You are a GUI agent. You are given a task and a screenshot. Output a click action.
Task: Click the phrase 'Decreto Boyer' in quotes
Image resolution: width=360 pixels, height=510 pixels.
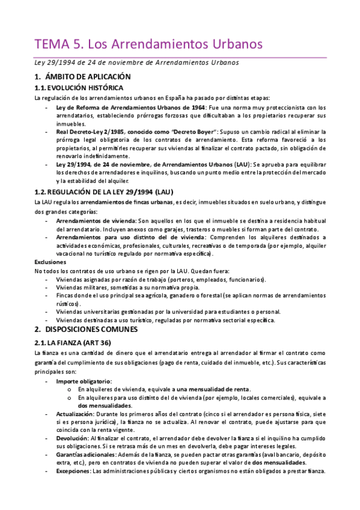click(x=194, y=131)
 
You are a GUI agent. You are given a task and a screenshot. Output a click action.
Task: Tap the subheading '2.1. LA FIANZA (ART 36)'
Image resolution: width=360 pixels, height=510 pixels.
click(x=78, y=342)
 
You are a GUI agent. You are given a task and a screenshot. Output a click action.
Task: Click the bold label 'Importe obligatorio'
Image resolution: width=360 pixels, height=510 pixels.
click(x=84, y=381)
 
